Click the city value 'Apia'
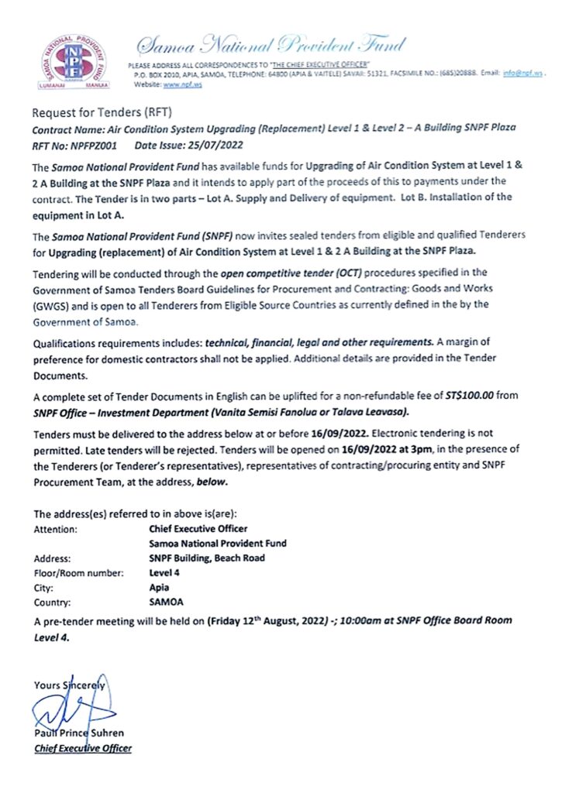158,586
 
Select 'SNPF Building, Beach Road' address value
207,558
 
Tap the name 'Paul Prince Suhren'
79,733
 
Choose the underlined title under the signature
83,748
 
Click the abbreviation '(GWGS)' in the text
53,304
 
